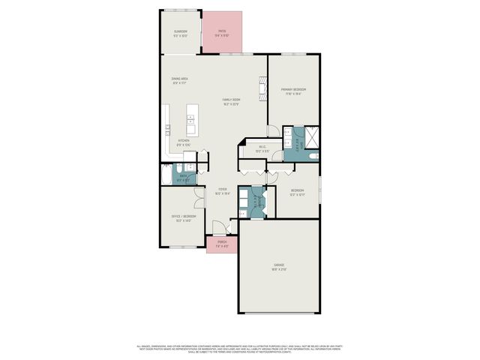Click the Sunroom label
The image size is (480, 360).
180,32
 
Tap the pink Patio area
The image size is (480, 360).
222,32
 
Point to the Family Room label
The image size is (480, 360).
231,101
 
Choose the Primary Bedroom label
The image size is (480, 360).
293,91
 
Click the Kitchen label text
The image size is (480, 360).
184,143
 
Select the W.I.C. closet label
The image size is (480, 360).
262,148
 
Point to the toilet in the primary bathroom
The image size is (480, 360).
313,156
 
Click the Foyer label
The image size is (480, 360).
223,190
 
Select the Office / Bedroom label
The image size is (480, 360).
181,218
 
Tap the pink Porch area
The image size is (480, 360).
222,243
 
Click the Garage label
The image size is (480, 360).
278,267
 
